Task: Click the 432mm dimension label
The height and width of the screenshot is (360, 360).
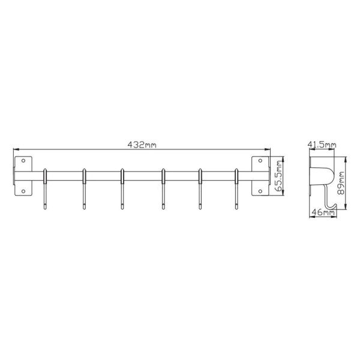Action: (142, 145)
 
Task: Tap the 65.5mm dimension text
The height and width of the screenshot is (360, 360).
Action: (279, 176)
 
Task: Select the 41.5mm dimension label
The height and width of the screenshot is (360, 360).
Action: (322, 145)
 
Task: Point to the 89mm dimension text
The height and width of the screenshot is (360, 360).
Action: (341, 183)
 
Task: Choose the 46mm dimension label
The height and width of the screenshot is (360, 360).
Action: (323, 212)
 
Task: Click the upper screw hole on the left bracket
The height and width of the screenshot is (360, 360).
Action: (23, 161)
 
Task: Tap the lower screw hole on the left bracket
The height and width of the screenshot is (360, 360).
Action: (23, 191)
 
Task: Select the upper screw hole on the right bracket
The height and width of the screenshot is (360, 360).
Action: (260, 161)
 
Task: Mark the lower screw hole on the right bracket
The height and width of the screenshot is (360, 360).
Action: (260, 191)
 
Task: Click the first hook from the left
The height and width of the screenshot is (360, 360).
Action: (45, 189)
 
